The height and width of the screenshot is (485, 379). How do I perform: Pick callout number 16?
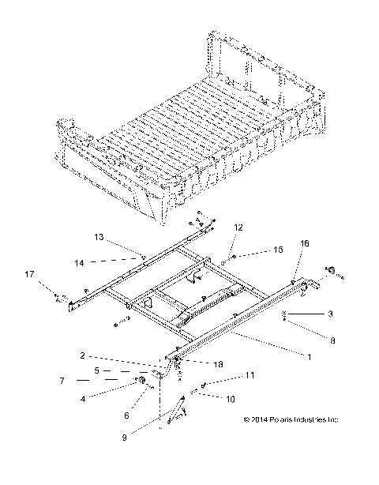tap(305, 266)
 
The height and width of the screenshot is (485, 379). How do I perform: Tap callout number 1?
tap(309, 358)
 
